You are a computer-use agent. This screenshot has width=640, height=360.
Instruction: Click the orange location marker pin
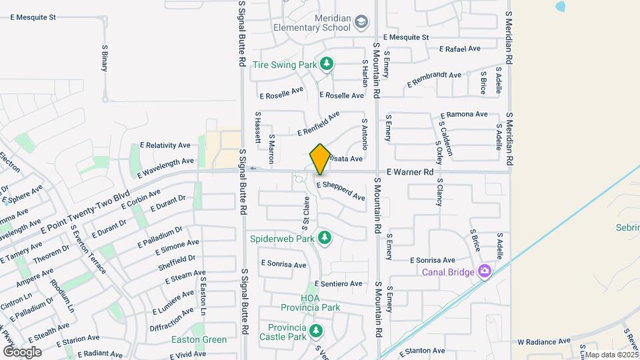(x=320, y=159)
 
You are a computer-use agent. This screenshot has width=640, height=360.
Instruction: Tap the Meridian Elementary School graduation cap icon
(x=361, y=23)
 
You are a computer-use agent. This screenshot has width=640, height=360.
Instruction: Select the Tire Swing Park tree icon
(x=326, y=64)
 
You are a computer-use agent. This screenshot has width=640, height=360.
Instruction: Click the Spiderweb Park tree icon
(x=325, y=237)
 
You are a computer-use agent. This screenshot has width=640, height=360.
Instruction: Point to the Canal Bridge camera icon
(x=485, y=271)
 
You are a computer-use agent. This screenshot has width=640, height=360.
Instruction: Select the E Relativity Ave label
(x=165, y=145)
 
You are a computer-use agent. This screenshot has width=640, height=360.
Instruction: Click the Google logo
(x=22, y=351)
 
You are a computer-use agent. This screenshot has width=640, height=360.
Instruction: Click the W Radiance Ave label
(x=544, y=341)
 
